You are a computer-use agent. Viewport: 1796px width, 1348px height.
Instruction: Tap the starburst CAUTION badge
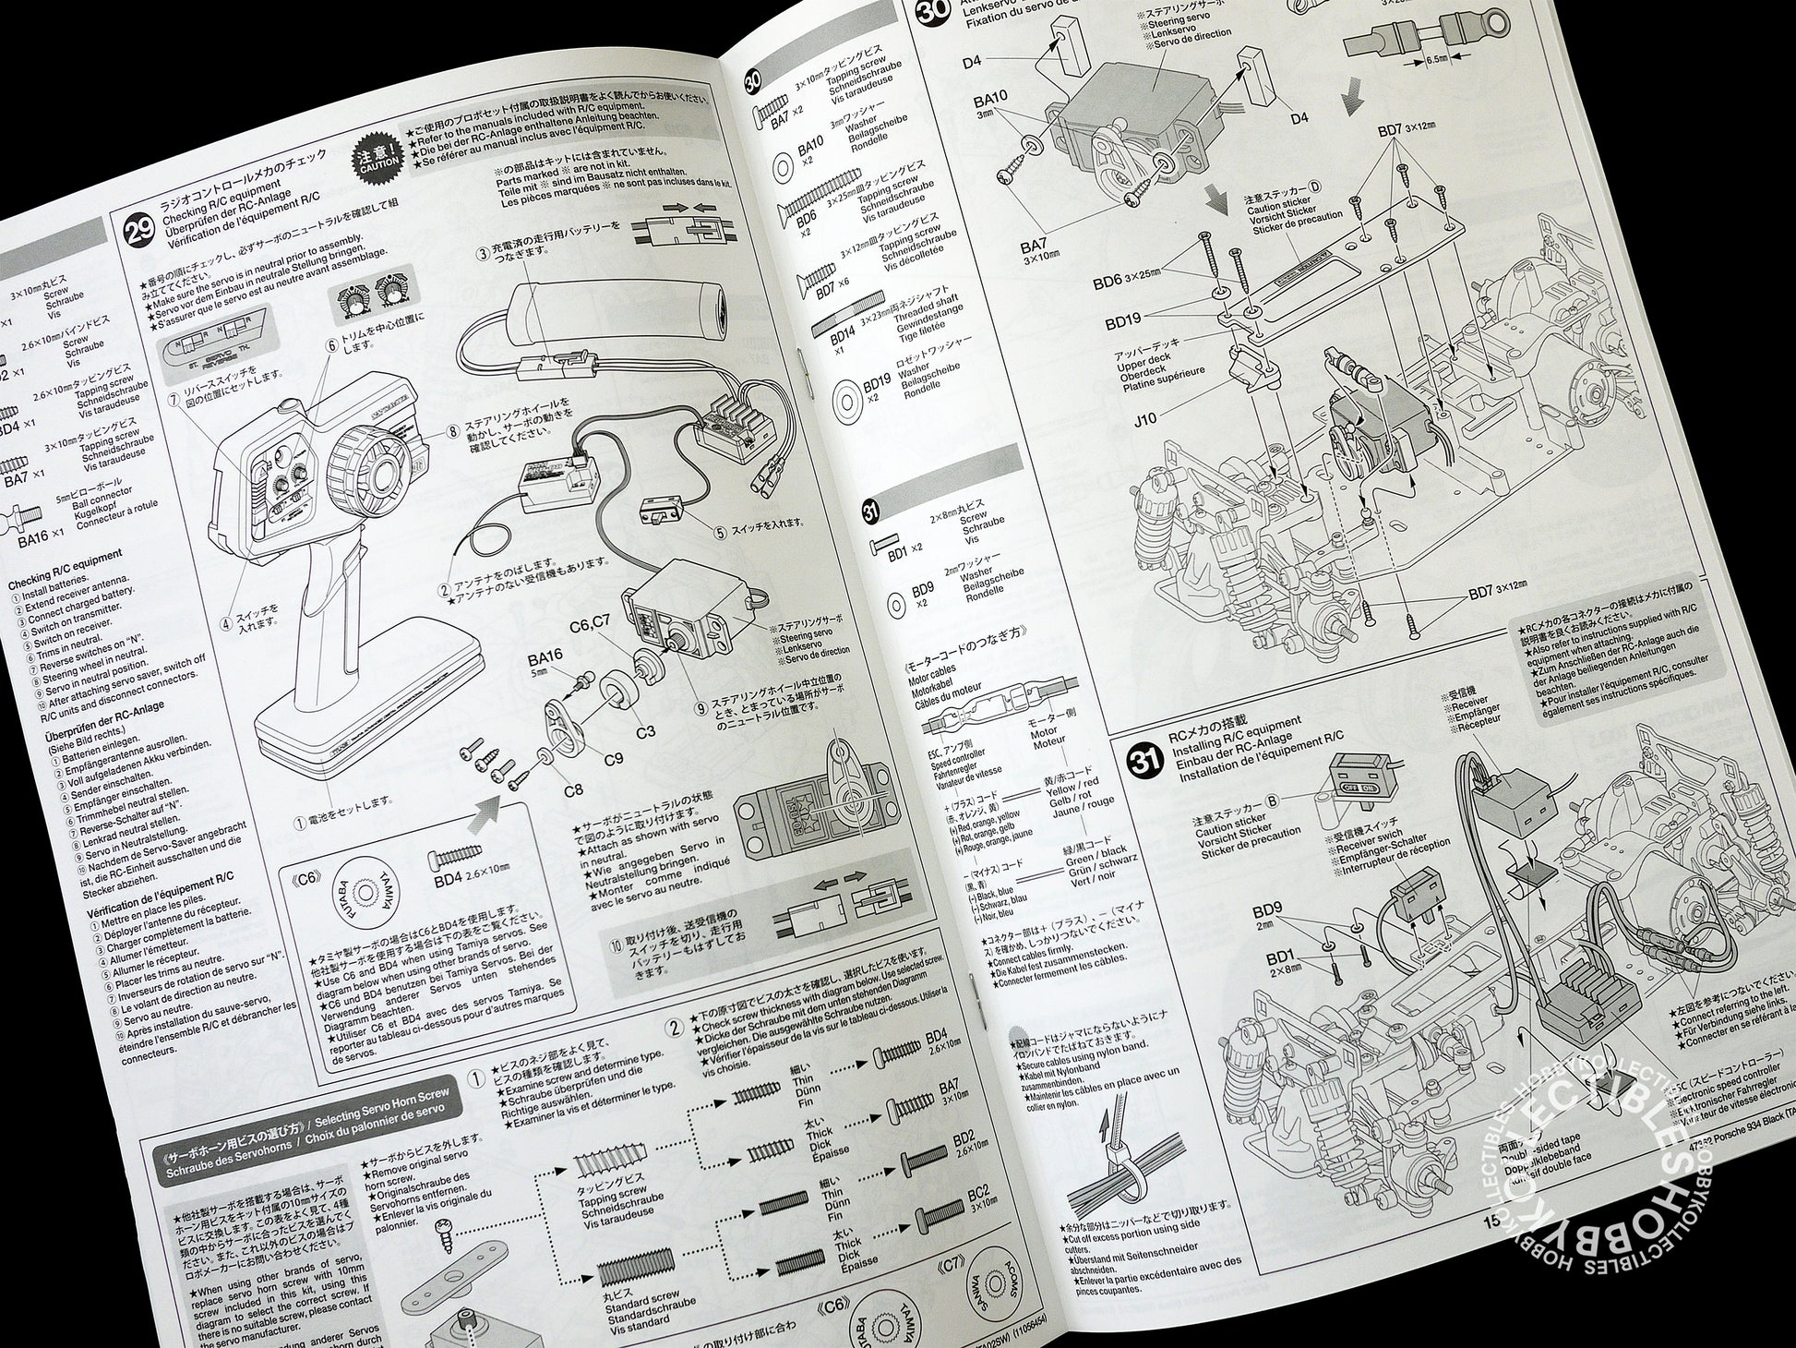(377, 153)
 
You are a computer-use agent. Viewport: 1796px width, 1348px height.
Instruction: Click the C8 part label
(573, 790)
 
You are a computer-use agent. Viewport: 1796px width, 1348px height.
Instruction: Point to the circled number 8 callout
(452, 430)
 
